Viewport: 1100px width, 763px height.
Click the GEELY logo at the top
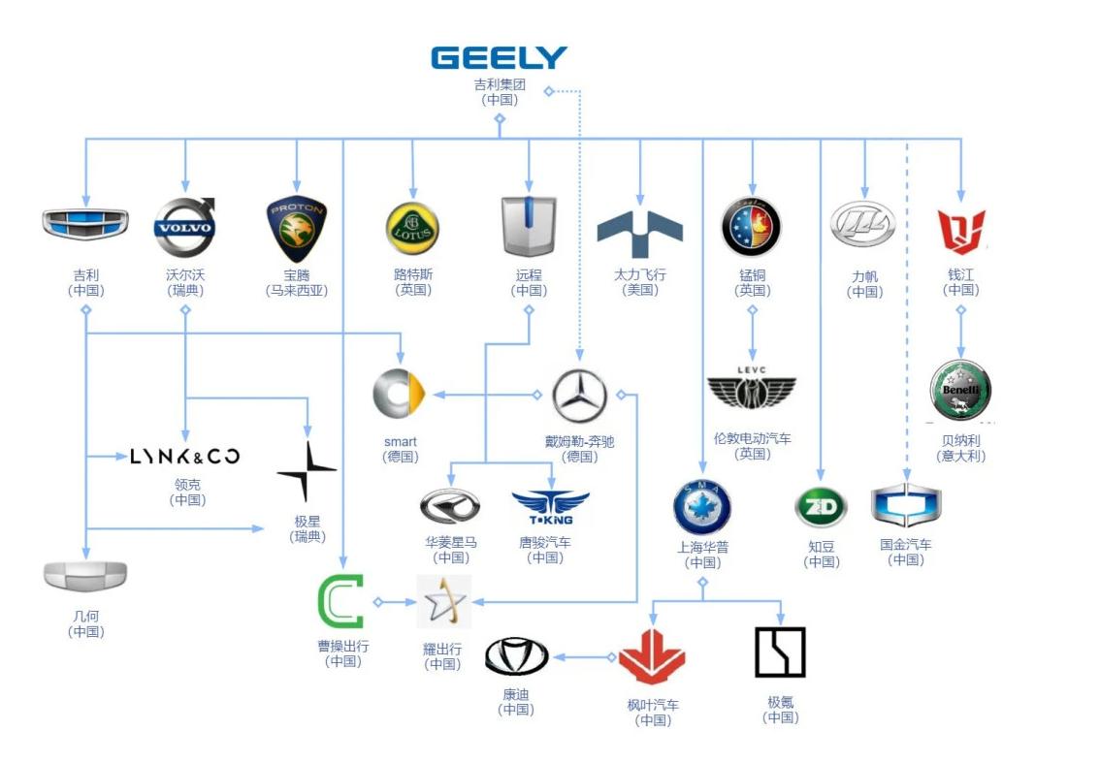click(499, 57)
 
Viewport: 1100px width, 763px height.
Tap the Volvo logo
click(184, 228)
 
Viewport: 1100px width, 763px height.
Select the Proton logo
click(296, 230)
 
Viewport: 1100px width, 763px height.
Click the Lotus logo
click(412, 229)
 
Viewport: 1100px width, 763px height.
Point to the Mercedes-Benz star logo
click(580, 396)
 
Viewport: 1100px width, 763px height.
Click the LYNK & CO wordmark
click(184, 456)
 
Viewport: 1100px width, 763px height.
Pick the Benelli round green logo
click(960, 390)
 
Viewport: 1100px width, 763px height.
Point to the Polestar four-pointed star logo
click(307, 472)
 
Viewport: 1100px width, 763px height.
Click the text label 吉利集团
click(500, 84)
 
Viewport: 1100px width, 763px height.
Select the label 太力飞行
click(640, 274)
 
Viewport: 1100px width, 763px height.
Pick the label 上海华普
click(702, 547)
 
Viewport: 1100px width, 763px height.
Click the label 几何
click(85, 616)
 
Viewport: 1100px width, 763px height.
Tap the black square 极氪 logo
click(780, 652)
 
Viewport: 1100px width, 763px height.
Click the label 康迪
click(516, 693)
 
